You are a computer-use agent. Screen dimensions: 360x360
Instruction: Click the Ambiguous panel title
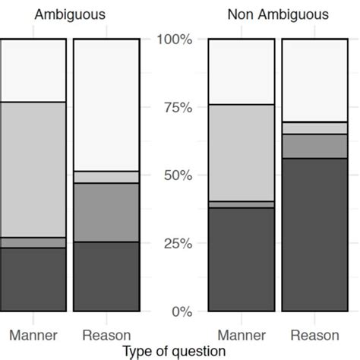tap(71, 14)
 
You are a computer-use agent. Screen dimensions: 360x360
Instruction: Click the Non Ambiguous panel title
tap(278, 14)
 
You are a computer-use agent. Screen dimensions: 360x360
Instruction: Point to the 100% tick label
tap(174, 39)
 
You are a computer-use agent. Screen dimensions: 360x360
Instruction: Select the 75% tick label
tap(177, 107)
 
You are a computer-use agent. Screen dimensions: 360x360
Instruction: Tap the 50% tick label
tap(177, 175)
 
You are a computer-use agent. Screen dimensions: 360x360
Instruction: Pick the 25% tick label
tap(177, 244)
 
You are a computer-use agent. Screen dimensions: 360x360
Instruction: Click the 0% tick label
tap(181, 311)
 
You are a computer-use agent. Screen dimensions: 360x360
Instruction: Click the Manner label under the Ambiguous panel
tap(33, 335)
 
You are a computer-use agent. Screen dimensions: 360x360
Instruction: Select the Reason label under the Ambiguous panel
tap(106, 335)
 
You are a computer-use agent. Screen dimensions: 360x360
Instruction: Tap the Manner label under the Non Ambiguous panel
tap(242, 335)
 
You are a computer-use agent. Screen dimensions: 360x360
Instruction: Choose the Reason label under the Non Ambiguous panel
tap(314, 335)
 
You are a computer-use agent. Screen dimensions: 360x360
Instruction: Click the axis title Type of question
tap(174, 351)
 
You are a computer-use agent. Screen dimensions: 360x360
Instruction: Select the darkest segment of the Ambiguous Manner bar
tap(33, 279)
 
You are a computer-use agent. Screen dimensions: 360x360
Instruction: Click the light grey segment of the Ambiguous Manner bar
tap(33, 169)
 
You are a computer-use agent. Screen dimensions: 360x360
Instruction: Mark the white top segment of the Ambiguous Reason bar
tap(106, 105)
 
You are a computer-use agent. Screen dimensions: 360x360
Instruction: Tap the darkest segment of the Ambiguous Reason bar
tap(106, 276)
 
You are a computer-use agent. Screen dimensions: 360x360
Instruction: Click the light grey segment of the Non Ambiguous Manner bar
tap(242, 153)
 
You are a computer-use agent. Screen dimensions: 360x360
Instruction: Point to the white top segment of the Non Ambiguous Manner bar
tap(242, 71)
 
